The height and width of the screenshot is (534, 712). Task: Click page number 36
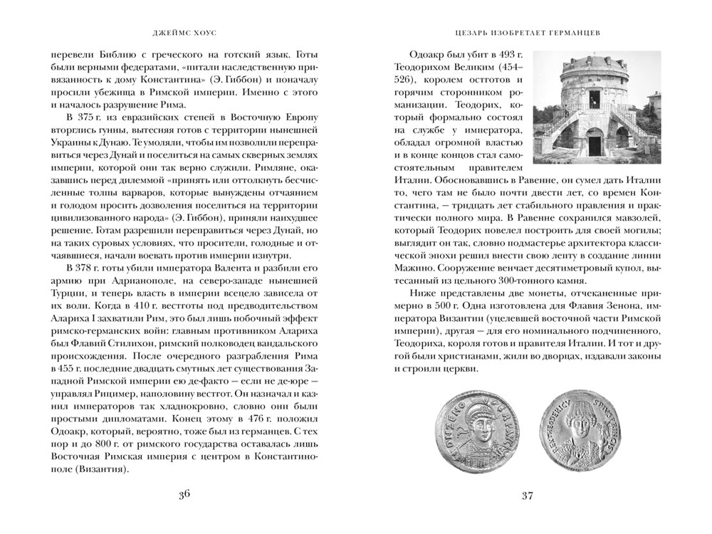[184, 497]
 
